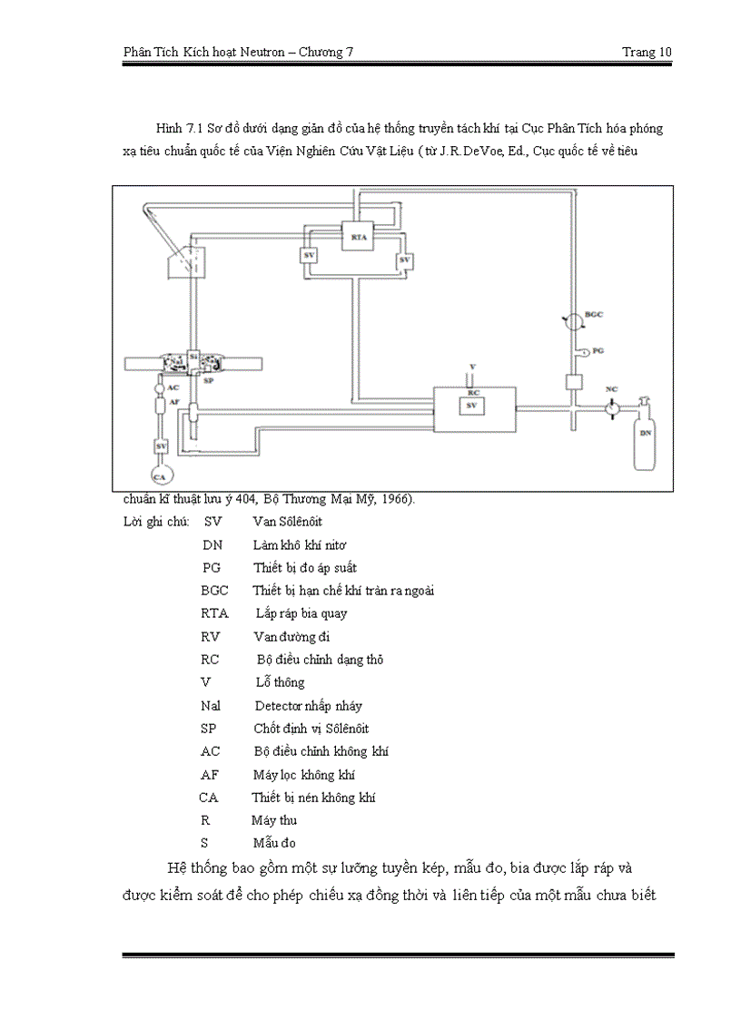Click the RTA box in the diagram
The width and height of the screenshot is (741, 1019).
point(358,237)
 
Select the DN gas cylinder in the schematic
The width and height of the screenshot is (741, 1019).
point(646,436)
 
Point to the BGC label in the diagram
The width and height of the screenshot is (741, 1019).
point(594,315)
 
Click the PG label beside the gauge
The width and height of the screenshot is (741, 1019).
point(598,349)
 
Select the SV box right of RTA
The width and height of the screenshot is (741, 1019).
point(405,261)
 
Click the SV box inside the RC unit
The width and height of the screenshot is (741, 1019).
point(470,406)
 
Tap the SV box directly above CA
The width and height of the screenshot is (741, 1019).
point(162,446)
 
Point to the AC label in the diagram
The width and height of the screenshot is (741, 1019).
point(173,387)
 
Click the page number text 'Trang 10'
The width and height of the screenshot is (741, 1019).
point(647,52)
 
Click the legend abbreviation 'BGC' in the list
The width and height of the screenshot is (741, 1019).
point(214,591)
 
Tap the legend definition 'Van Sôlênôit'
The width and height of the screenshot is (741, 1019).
point(287,522)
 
